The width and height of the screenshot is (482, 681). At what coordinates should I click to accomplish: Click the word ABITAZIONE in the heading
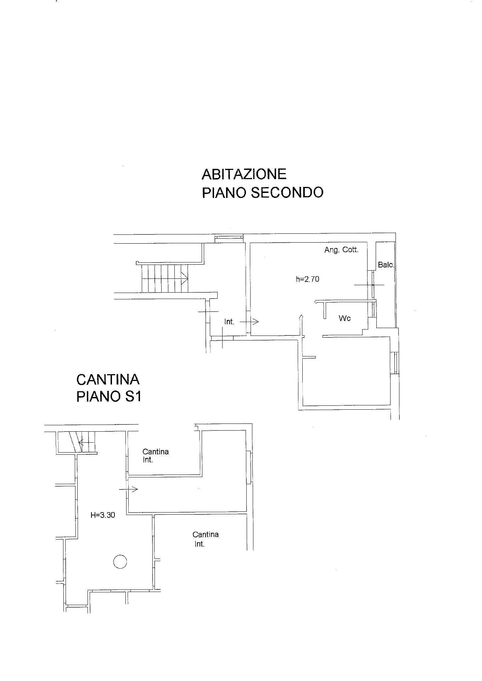coord(244,174)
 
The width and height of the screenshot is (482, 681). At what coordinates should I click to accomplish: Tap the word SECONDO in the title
coord(287,193)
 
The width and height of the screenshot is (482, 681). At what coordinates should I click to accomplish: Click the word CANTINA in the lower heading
coord(108,380)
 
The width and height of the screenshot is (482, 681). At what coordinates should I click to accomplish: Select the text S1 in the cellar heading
coord(131,396)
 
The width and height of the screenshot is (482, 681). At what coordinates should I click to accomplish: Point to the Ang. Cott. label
coord(341,250)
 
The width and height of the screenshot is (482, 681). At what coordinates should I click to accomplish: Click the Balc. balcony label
coord(386,265)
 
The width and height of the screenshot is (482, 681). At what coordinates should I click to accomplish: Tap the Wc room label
coord(344,318)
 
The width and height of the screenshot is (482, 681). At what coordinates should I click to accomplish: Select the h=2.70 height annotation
coord(307,279)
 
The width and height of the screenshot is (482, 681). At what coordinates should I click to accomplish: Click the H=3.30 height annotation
coord(103,515)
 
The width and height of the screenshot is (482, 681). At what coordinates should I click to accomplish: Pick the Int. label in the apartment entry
coord(229,322)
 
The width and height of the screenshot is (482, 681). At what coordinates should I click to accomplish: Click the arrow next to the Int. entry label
coord(250,322)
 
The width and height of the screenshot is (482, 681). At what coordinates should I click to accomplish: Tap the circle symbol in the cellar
coord(120,561)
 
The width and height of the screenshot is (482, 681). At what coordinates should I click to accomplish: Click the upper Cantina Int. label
coord(155,456)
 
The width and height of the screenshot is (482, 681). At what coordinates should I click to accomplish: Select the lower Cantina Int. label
coord(205,539)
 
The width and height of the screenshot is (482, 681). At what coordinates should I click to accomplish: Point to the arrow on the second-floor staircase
coord(165,278)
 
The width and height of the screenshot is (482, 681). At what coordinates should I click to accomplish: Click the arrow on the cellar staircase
coord(87,443)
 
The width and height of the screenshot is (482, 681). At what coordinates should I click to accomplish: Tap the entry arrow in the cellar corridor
coord(128,489)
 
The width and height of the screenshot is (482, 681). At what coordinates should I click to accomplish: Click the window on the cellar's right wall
coord(249,467)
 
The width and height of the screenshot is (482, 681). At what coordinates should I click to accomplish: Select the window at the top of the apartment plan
coord(229,238)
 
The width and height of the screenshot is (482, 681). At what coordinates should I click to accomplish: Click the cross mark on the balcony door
coord(369,284)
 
